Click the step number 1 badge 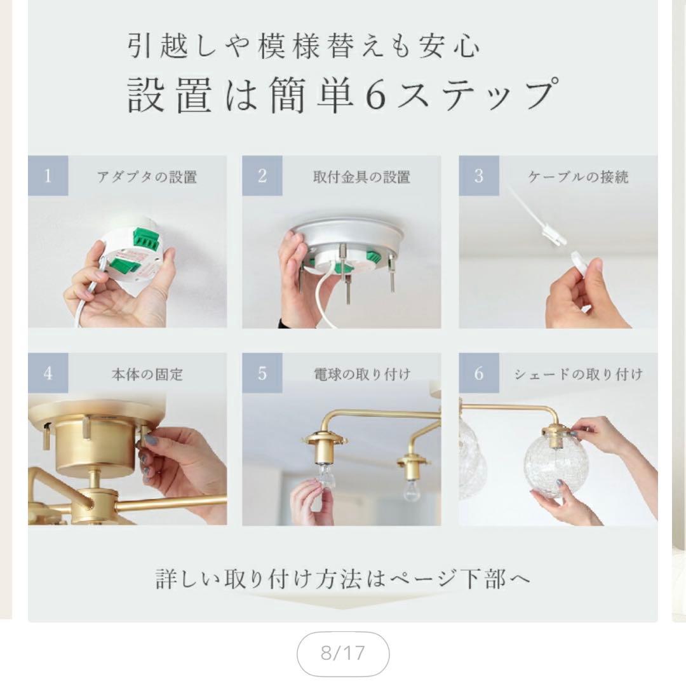48,176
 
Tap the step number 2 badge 262,176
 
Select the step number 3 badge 479,176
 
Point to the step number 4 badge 48,373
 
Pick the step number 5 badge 262,373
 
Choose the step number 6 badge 479,373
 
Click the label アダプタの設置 147,177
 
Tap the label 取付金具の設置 361,177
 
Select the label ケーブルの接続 578,177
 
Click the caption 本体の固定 147,375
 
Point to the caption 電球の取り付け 361,375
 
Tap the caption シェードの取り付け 578,375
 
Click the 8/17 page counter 343,654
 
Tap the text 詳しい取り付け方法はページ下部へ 343,579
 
